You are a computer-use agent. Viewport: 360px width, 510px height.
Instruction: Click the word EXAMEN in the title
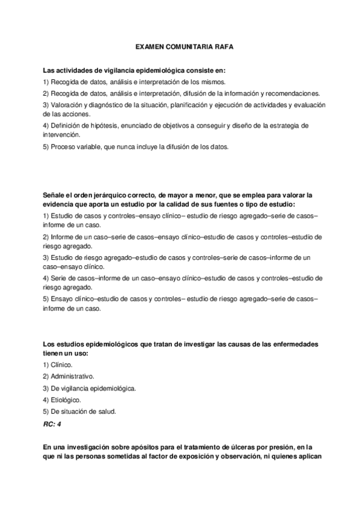(x=150, y=46)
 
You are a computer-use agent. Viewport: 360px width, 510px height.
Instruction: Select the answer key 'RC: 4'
(x=52, y=423)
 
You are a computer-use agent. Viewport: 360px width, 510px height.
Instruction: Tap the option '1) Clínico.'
(x=58, y=365)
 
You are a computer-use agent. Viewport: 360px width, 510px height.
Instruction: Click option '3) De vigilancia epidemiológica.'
(x=89, y=388)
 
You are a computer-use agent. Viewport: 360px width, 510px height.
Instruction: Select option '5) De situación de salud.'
(x=79, y=411)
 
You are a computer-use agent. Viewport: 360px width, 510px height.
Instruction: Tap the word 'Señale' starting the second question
(x=55, y=195)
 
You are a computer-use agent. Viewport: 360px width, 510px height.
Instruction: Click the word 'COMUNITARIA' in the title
(x=183, y=46)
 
